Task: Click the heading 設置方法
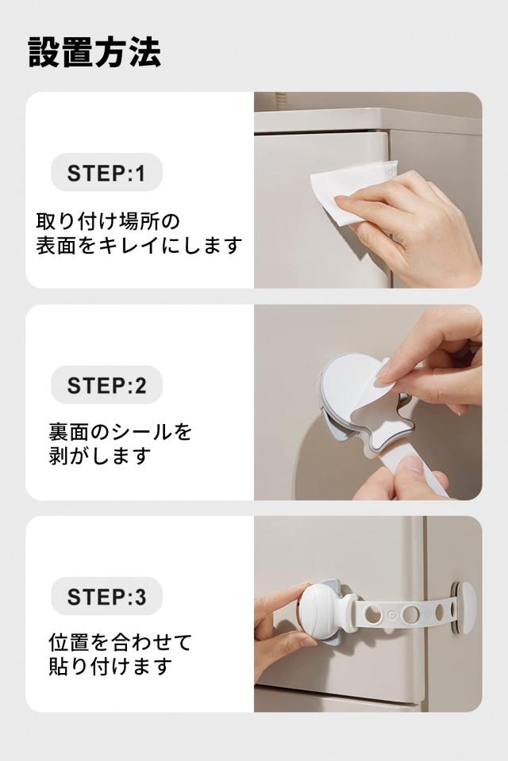click(94, 52)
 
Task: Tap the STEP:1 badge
click(106, 172)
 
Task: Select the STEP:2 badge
click(106, 385)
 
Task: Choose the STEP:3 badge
click(106, 596)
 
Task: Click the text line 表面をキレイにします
click(139, 246)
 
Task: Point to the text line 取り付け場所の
click(108, 221)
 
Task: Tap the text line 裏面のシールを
click(121, 431)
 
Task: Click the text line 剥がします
click(99, 457)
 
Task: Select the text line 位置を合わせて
click(121, 643)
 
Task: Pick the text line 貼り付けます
click(110, 667)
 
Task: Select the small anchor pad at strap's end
click(463, 607)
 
